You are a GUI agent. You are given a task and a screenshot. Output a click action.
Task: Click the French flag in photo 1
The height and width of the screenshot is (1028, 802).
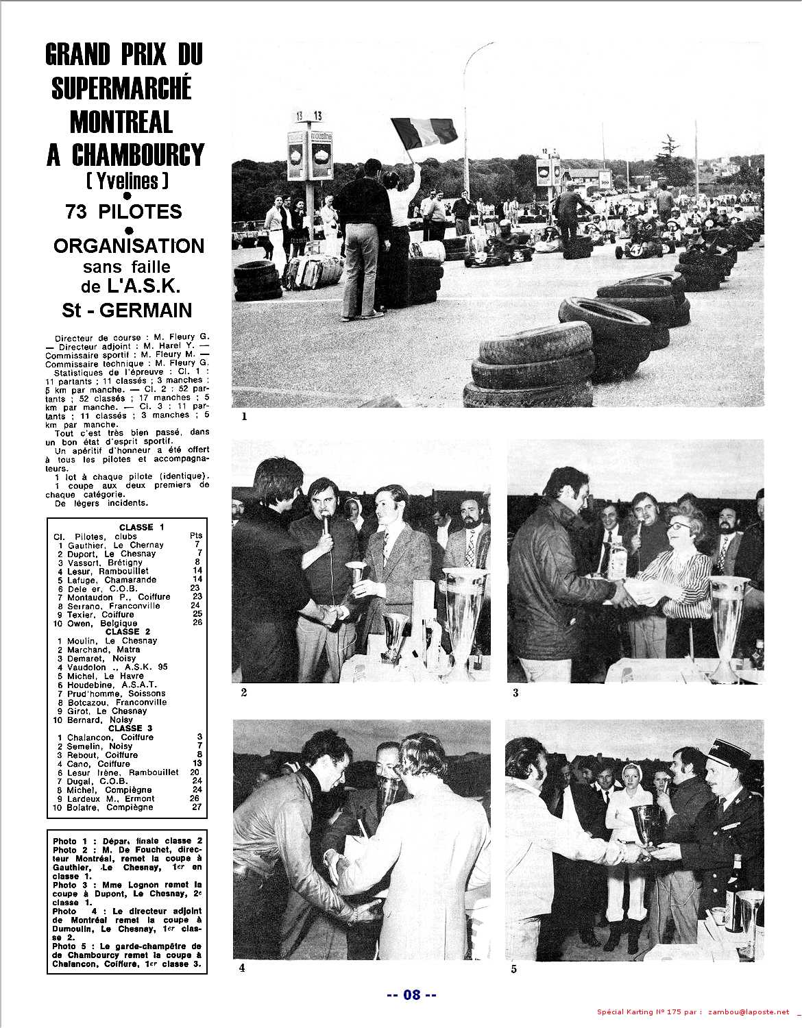[x=424, y=130]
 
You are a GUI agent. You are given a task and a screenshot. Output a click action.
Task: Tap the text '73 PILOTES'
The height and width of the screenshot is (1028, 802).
[x=123, y=211]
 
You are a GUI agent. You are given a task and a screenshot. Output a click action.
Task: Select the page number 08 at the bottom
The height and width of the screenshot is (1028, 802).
[x=411, y=994]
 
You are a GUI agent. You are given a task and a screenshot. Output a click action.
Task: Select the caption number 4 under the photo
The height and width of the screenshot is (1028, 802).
[x=241, y=968]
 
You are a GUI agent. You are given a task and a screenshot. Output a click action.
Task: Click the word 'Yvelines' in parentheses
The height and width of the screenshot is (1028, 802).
[x=127, y=180]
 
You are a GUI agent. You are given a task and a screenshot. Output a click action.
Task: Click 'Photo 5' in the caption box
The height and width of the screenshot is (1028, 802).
[x=69, y=946]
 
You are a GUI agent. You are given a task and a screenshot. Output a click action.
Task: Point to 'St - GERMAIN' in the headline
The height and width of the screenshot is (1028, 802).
[x=127, y=310]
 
